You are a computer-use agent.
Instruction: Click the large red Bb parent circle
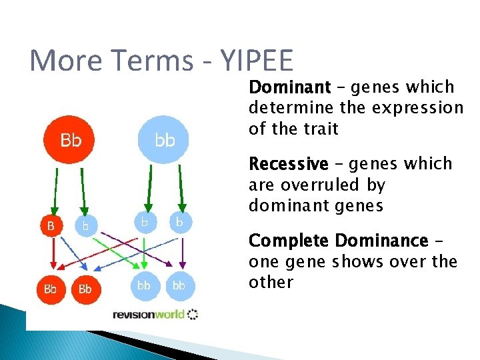(x=71, y=141)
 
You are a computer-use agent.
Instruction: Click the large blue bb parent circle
(x=165, y=141)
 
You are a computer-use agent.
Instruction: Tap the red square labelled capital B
(x=51, y=226)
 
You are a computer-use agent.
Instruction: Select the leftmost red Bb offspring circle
(x=51, y=289)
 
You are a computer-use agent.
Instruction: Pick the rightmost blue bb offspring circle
(x=179, y=285)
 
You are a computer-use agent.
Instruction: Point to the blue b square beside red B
(x=85, y=226)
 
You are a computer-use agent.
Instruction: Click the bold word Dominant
(x=289, y=87)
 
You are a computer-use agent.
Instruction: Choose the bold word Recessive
(x=288, y=164)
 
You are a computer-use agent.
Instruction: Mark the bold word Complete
(x=289, y=240)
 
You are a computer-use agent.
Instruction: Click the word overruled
(x=325, y=185)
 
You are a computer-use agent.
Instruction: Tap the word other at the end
(x=271, y=282)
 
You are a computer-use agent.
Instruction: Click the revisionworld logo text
(x=149, y=314)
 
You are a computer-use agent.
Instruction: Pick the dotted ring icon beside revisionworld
(x=193, y=314)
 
